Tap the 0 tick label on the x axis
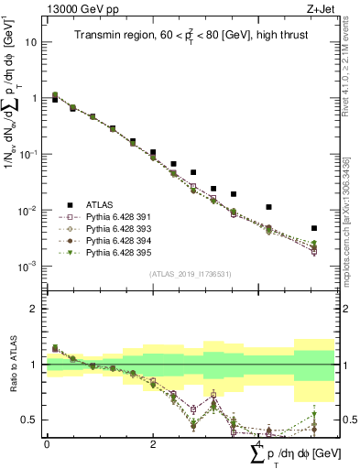pyautogui.click(x=47, y=443)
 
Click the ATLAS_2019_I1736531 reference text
pyautogui.click(x=190, y=274)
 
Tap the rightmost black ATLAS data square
pyautogui.click(x=314, y=228)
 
